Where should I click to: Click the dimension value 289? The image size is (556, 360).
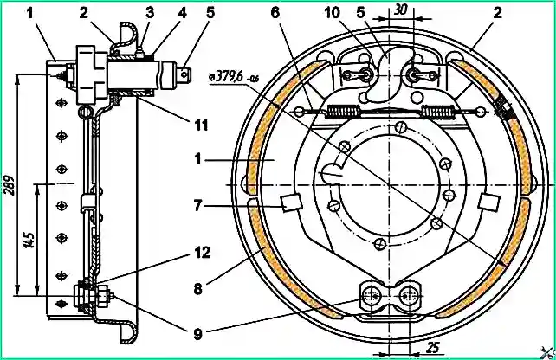tap(10, 184)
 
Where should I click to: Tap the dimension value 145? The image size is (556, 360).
tap(30, 240)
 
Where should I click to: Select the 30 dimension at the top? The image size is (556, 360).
tap(400, 10)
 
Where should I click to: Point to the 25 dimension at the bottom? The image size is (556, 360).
tap(432, 348)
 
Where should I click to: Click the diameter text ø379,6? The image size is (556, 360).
tap(226, 76)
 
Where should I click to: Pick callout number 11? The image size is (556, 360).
tap(201, 125)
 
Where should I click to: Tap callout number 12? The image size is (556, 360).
tap(203, 253)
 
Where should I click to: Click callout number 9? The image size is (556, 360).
tap(197, 334)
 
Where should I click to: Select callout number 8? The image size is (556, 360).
tap(197, 289)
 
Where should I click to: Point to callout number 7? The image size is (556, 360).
tap(197, 205)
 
